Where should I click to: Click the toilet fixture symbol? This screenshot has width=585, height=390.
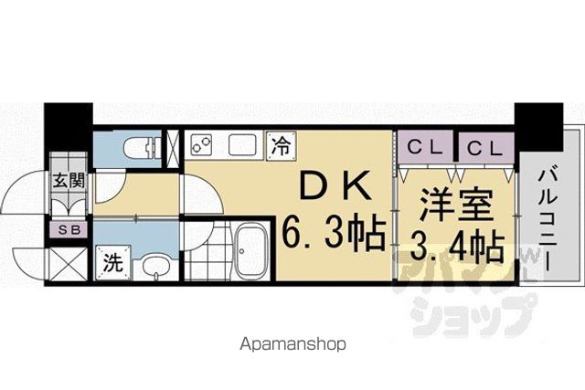[142, 148]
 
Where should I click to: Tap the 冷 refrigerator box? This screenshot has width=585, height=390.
[281, 146]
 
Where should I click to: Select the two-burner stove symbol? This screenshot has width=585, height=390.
[201, 144]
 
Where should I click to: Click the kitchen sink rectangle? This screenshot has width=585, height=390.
[241, 144]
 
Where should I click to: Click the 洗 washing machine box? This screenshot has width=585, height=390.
[113, 262]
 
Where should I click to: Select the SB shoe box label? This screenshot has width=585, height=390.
[69, 230]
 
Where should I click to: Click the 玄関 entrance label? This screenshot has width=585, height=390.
[69, 181]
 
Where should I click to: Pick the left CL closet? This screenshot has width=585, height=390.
[425, 148]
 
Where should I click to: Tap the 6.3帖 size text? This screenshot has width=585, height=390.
[333, 234]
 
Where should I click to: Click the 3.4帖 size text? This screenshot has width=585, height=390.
[458, 247]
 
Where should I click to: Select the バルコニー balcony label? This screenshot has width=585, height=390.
[548, 219]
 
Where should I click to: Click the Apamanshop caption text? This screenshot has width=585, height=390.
[292, 344]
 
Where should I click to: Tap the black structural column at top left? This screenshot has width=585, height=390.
[69, 127]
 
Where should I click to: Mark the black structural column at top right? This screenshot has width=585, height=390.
[538, 127]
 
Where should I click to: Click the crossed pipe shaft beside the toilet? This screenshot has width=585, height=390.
[173, 148]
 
